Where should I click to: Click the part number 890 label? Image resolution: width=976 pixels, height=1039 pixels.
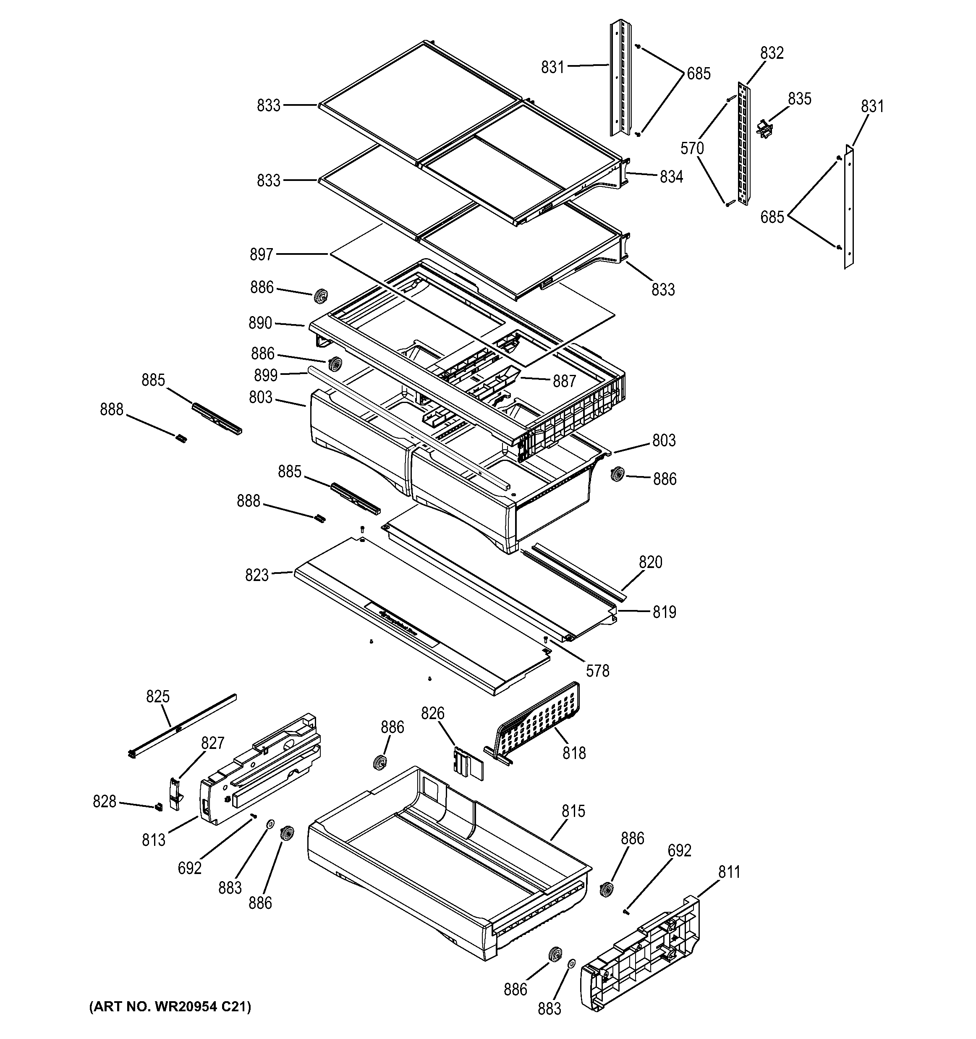tap(260, 324)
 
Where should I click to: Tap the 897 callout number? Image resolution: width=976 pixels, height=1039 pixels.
tap(261, 254)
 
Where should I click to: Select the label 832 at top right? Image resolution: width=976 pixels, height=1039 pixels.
tap(772, 53)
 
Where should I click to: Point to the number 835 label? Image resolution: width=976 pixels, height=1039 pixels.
tap(799, 99)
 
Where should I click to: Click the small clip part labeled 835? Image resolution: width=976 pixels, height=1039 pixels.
tap(764, 128)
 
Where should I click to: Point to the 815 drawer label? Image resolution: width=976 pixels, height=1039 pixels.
tap(573, 811)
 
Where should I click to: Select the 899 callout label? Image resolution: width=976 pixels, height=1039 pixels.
tap(265, 375)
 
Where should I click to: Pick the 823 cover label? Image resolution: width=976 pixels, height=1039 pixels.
tap(256, 576)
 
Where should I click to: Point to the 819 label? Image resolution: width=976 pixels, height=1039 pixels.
tap(664, 612)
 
